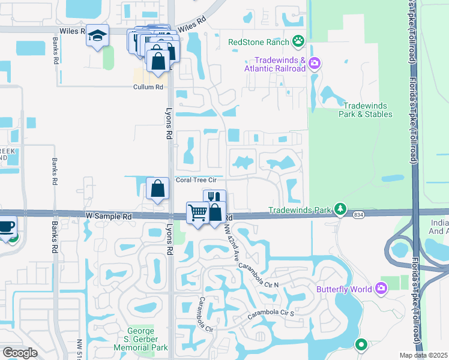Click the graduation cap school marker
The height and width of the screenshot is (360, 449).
point(97,36)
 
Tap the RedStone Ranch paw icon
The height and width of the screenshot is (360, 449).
point(299,42)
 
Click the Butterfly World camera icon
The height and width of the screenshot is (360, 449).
point(381,289)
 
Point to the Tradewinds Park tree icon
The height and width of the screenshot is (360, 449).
point(341,209)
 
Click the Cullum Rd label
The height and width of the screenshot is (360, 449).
point(148,87)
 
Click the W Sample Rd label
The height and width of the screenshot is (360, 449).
point(108,215)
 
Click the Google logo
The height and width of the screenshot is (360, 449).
point(20,353)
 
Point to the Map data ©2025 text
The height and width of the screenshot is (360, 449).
point(423,355)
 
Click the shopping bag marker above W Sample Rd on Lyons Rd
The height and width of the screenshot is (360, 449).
point(157,189)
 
